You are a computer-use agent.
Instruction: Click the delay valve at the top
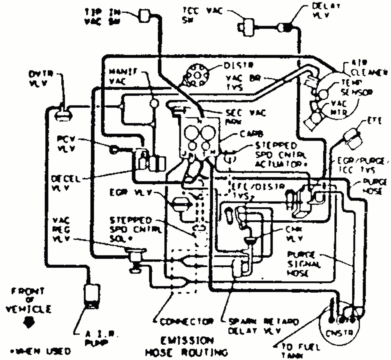pyautogui.click(x=285, y=27)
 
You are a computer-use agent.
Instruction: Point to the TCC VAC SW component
pyautogui.click(x=248, y=26)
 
